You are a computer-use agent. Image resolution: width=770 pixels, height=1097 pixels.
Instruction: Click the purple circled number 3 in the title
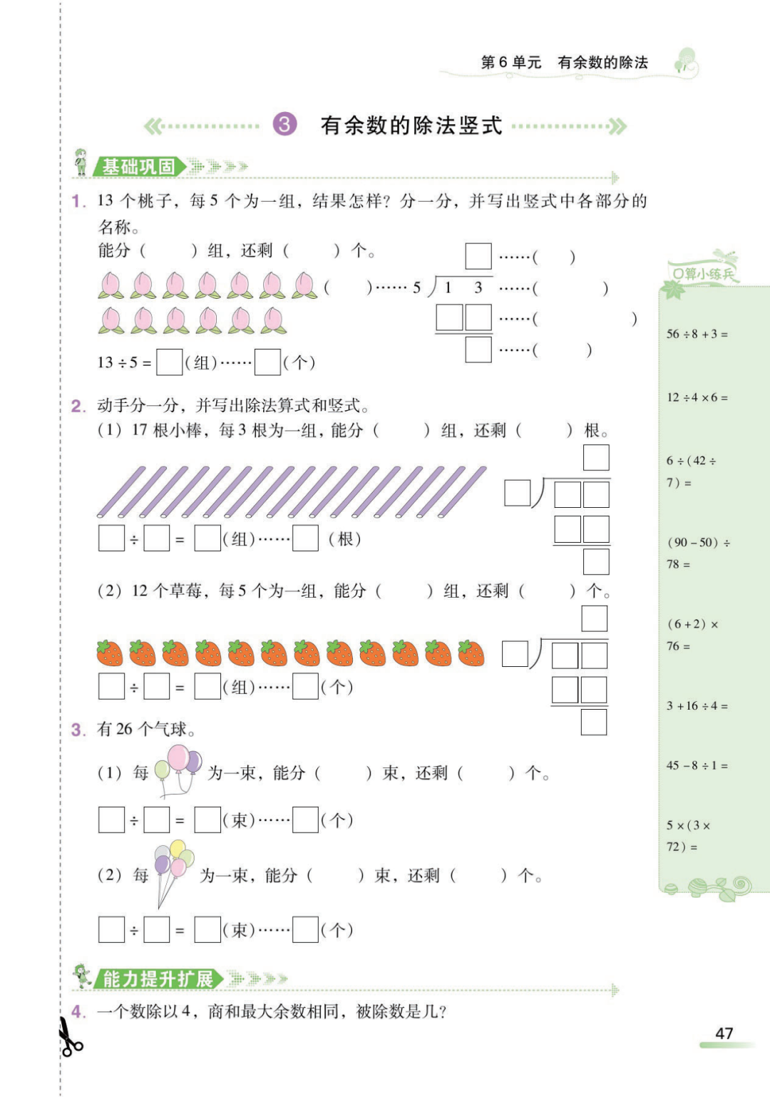tap(284, 125)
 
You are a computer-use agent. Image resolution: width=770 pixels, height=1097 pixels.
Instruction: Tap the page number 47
tap(724, 1033)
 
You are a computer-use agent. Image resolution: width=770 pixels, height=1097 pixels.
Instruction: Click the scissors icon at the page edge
tap(69, 1037)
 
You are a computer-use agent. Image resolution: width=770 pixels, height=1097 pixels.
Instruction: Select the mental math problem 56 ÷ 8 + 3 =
tap(697, 334)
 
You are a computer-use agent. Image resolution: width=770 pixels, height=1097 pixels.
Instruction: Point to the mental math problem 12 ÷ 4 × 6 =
tap(697, 397)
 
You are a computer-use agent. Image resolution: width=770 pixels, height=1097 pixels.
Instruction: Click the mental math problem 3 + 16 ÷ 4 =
tap(697, 706)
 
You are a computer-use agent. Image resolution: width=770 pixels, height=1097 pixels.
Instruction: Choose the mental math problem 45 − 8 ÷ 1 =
tap(697, 765)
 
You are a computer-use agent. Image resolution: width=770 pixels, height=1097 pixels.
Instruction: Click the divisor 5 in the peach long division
tap(417, 288)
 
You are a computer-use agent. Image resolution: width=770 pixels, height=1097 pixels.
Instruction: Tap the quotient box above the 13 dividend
tap(478, 256)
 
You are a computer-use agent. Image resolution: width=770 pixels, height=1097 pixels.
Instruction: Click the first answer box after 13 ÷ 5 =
tap(169, 362)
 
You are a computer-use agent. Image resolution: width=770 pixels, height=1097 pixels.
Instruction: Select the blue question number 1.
tap(78, 201)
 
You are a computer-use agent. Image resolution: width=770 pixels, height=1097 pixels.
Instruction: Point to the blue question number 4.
tap(78, 1011)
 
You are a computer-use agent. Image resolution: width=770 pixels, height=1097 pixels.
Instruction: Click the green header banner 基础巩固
tap(138, 167)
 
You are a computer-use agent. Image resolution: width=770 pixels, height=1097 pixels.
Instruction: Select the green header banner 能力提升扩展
tap(158, 979)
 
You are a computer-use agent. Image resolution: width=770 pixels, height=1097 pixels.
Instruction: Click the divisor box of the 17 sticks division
tap(517, 493)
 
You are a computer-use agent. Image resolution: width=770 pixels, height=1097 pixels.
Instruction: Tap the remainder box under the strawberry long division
tap(593, 722)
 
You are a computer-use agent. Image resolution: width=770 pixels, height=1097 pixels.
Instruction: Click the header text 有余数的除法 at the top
tap(602, 63)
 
